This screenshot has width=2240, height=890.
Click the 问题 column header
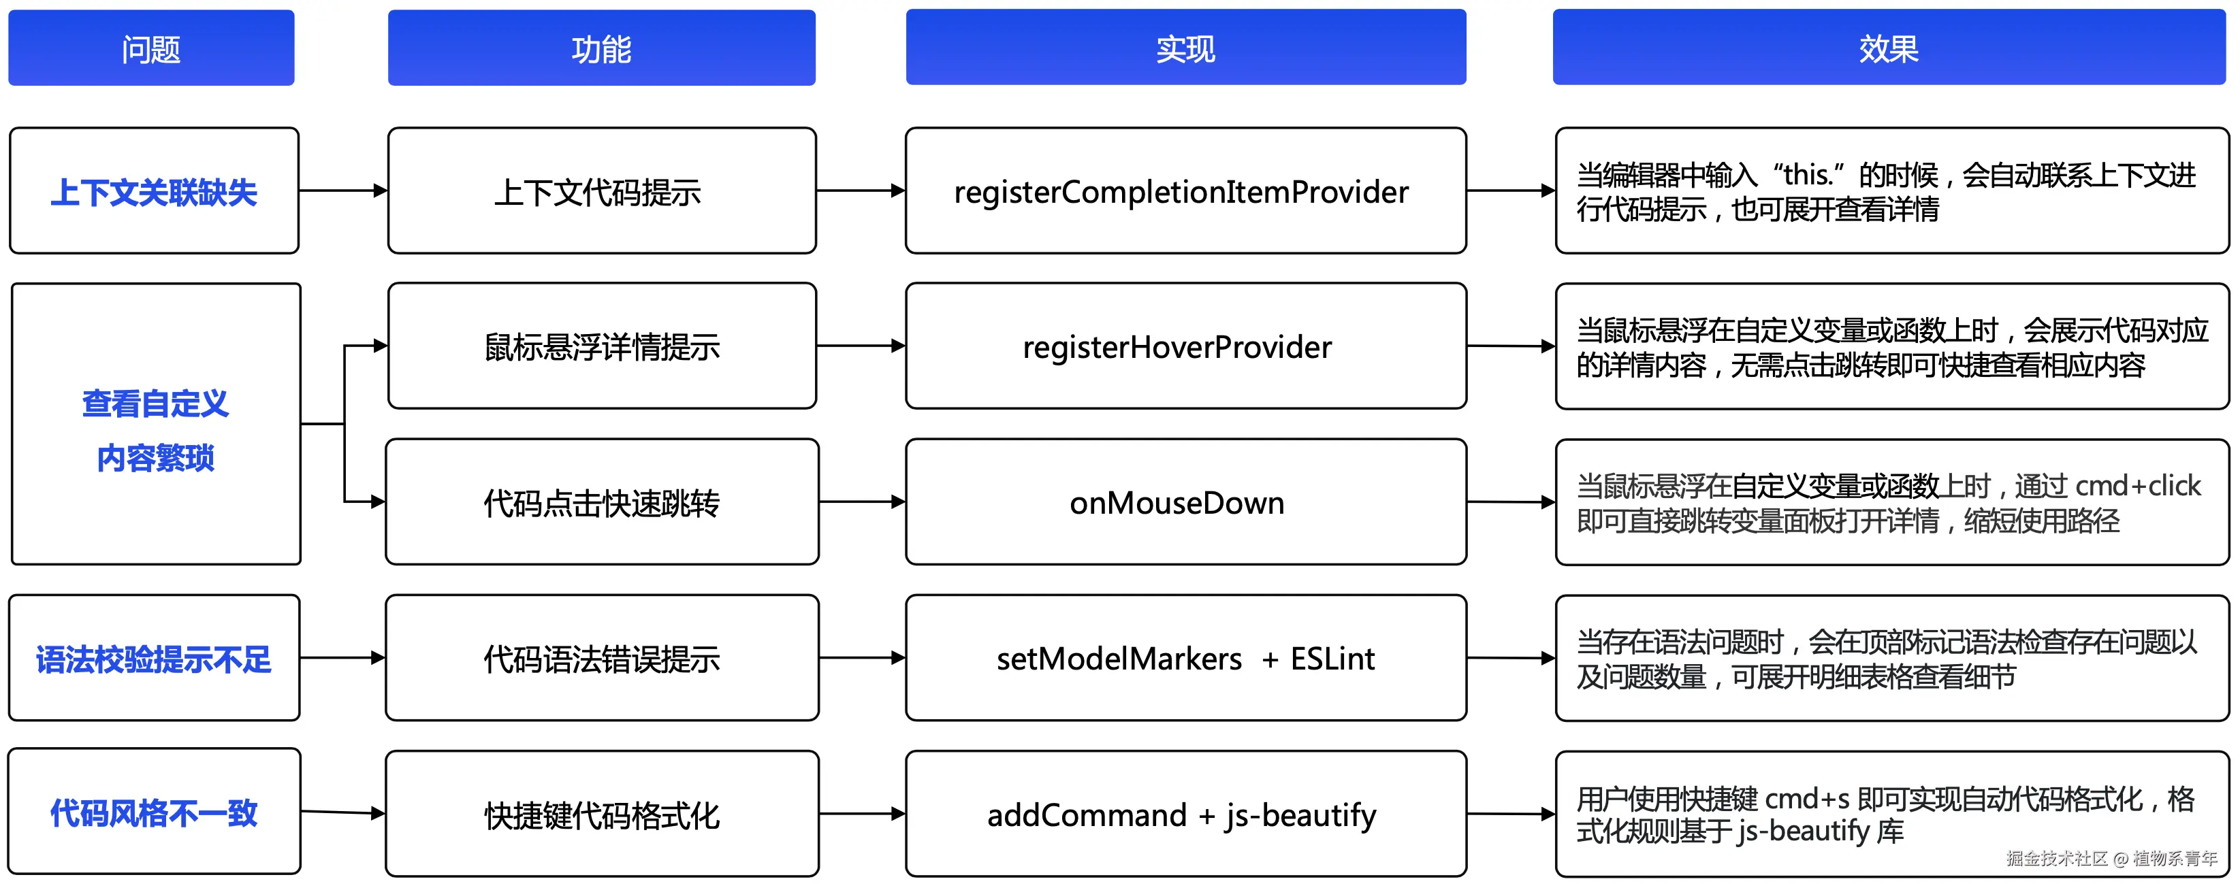[x=151, y=49]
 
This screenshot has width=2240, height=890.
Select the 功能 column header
[x=601, y=49]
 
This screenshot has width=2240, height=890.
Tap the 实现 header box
[x=1185, y=49]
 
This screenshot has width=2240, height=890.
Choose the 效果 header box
[x=1889, y=49]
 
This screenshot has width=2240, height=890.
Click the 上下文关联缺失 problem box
[x=154, y=191]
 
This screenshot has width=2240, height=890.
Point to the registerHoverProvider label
[x=1177, y=348]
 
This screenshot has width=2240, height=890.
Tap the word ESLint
[x=1332, y=659]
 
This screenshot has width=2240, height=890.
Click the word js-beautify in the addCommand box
[x=1301, y=815]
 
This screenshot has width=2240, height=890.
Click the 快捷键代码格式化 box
[x=602, y=815]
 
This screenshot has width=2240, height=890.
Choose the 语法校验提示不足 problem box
[x=154, y=659]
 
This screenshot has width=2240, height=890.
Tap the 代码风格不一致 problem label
[x=154, y=812]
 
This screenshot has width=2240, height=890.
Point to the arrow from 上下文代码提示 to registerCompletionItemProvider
[x=860, y=191]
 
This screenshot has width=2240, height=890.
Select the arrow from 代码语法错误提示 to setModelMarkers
[x=861, y=658]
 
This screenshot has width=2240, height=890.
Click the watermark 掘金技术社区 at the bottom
[x=2057, y=859]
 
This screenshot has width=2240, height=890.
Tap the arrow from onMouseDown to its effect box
[x=1510, y=501]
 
